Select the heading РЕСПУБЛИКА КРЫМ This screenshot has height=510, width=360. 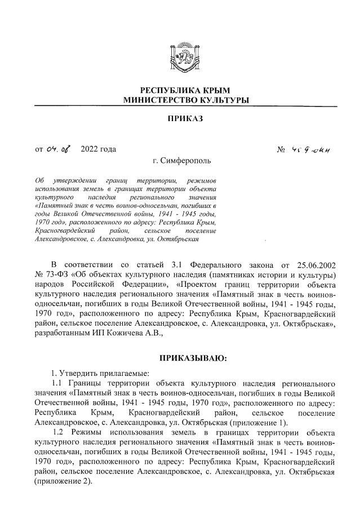click(185, 91)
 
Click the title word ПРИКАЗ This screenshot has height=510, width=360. click(185, 119)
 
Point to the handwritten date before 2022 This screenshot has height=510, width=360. click(59, 149)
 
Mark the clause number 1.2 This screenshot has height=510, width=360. click(64, 433)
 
